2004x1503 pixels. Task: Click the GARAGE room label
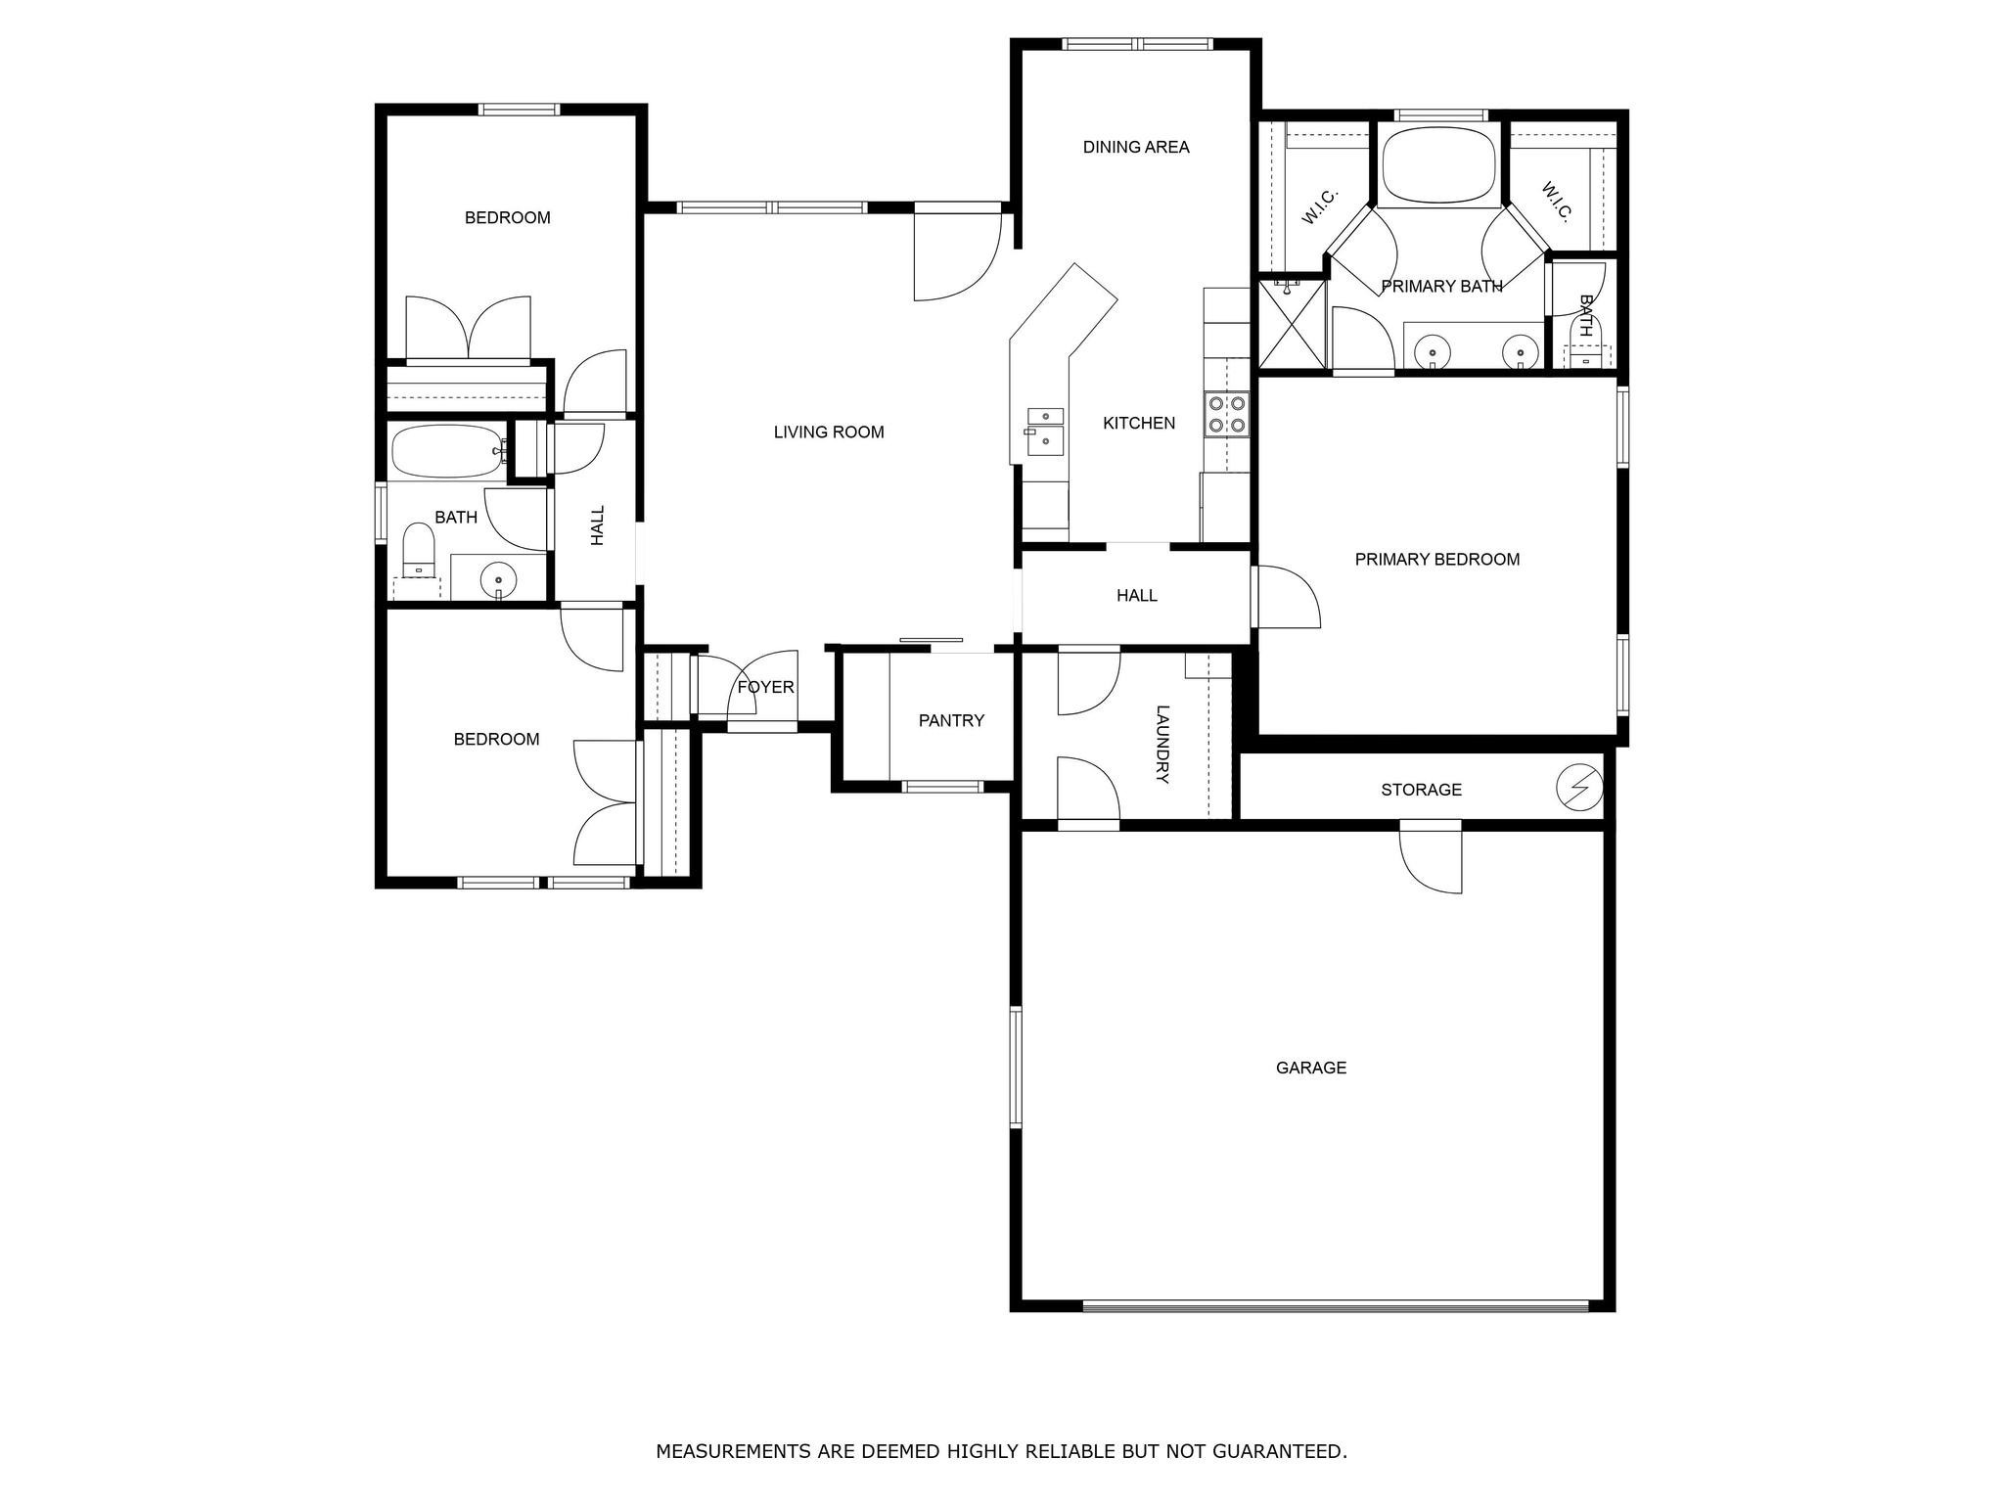pos(1310,1068)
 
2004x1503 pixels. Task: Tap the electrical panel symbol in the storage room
pos(1579,788)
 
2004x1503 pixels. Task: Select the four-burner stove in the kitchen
pos(1226,412)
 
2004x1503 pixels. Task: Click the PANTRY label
pos(951,720)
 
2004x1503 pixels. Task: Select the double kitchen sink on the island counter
pos(1044,429)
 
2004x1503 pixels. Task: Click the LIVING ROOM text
pos(829,432)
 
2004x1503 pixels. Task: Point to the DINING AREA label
pos(1136,147)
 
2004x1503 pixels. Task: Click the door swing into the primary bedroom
pos(1289,597)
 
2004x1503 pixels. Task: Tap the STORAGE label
pos(1421,790)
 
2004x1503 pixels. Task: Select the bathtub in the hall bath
pos(445,450)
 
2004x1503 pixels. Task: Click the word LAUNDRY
pos(1162,744)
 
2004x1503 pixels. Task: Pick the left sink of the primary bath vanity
pos(1432,350)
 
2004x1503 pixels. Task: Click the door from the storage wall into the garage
pos(1431,857)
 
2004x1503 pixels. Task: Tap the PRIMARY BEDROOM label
pos(1436,560)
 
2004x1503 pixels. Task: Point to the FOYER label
pos(765,687)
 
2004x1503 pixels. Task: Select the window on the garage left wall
pos(1016,1067)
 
